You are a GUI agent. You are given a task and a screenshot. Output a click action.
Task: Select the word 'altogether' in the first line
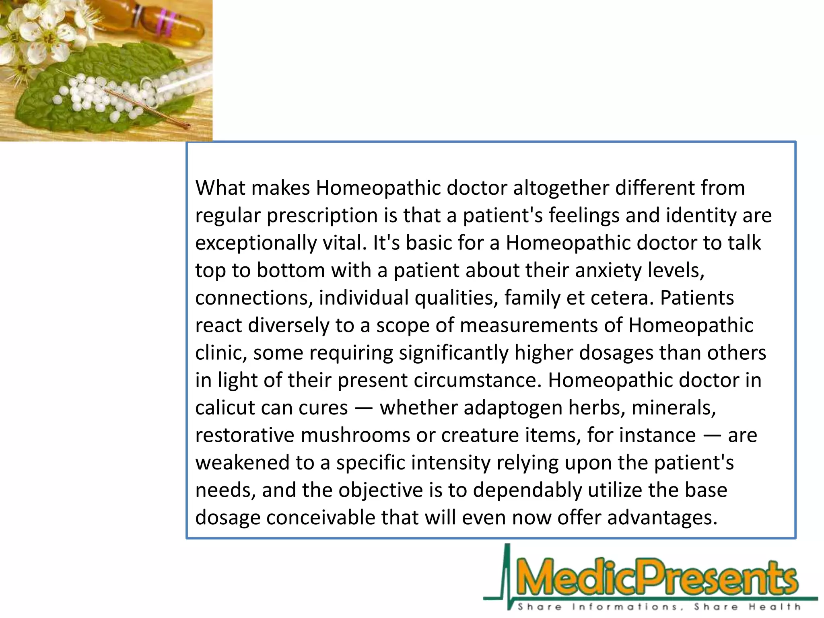click(x=561, y=188)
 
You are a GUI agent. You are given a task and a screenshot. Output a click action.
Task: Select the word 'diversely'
click(x=288, y=325)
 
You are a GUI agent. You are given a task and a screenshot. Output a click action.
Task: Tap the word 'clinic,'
click(x=221, y=353)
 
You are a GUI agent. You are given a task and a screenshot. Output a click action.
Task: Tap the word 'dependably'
click(x=527, y=490)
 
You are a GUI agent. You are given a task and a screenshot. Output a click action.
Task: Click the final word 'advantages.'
click(x=662, y=518)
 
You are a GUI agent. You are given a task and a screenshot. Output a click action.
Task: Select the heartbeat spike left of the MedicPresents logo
click(x=507, y=571)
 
